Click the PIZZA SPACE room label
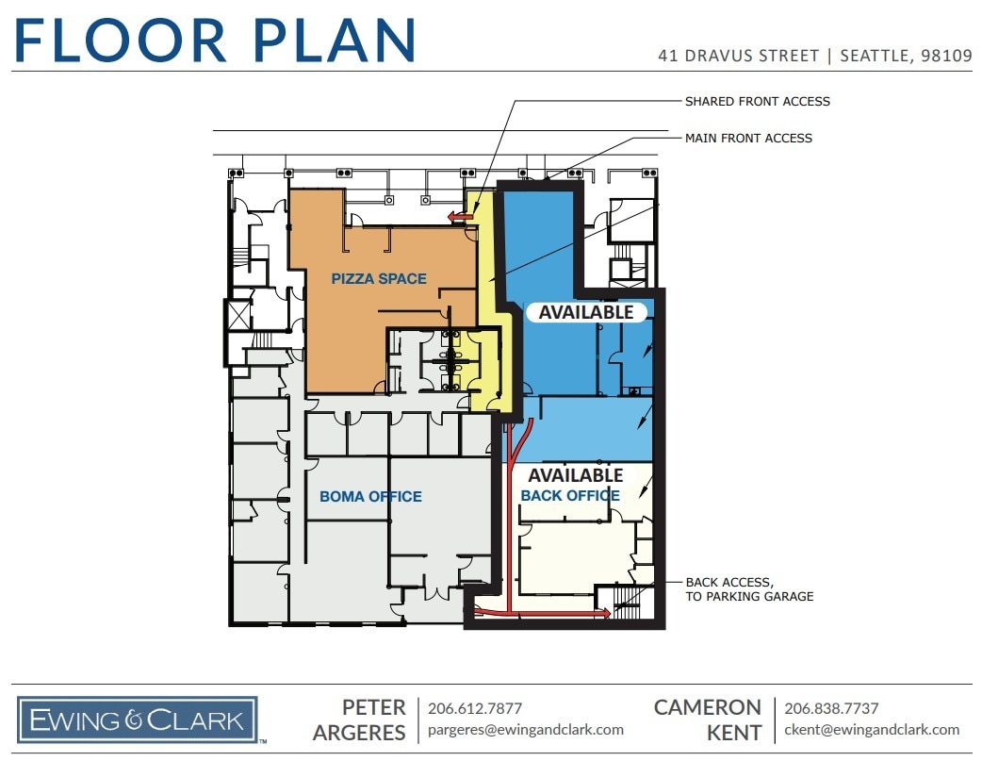[379, 279]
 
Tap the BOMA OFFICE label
[370, 496]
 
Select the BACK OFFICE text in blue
[570, 495]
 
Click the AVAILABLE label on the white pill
[585, 312]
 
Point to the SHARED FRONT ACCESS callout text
[757, 101]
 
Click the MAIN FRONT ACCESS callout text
[748, 138]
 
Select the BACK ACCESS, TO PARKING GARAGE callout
[749, 589]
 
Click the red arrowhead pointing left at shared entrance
[456, 218]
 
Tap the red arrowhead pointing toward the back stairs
[603, 613]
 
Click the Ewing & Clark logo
[138, 721]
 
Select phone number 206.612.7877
[475, 708]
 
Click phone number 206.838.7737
[831, 708]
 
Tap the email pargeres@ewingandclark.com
[526, 730]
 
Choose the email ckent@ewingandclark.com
[872, 730]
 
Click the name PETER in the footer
[374, 707]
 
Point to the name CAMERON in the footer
[708, 707]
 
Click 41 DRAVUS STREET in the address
[739, 56]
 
